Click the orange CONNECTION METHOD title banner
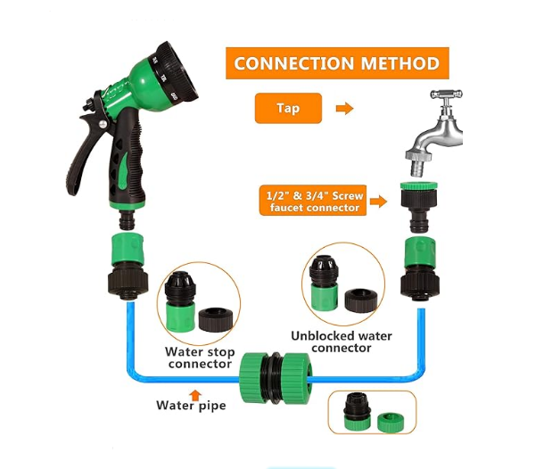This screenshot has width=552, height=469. point(336,64)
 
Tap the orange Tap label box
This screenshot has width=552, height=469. point(288,109)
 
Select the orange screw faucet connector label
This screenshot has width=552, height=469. point(311,201)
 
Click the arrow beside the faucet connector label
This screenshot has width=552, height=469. point(378,202)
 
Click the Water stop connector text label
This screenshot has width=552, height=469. point(202,358)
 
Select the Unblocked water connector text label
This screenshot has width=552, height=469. point(342,341)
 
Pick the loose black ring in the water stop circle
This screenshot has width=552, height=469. point(216,320)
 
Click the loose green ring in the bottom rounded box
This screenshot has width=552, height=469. point(388,419)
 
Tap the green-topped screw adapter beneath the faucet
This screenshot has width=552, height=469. point(416,203)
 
